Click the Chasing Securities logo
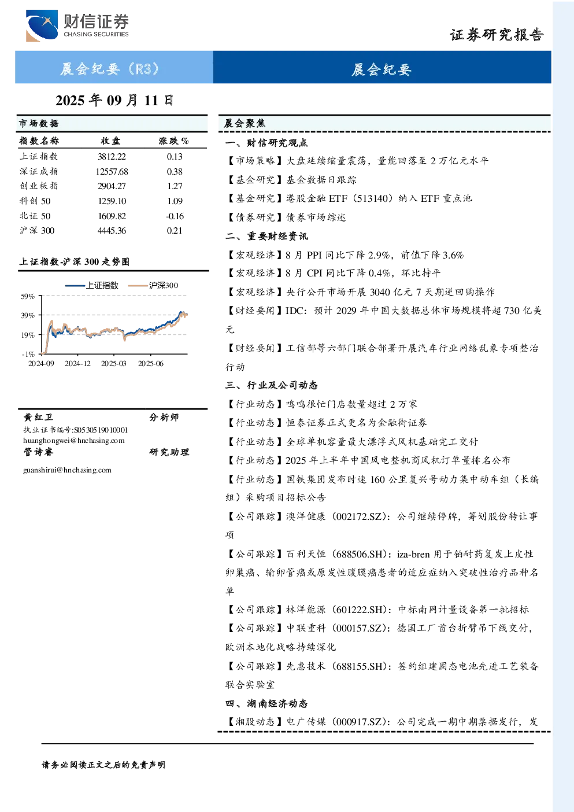point(77,25)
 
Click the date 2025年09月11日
point(114,101)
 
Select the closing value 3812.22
point(112,157)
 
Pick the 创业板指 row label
point(39,186)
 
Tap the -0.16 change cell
point(175,216)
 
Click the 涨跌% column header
point(173,141)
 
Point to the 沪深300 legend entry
point(153,285)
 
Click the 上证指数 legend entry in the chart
point(92,285)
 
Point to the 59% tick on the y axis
point(28,297)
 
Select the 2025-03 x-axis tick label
point(114,364)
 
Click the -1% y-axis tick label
point(28,354)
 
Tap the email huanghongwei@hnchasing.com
point(74,441)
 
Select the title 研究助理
point(169,452)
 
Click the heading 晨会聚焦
point(245,123)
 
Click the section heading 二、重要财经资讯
point(266,237)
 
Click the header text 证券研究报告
point(497,35)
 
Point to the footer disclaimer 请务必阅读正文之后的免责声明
point(103,765)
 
